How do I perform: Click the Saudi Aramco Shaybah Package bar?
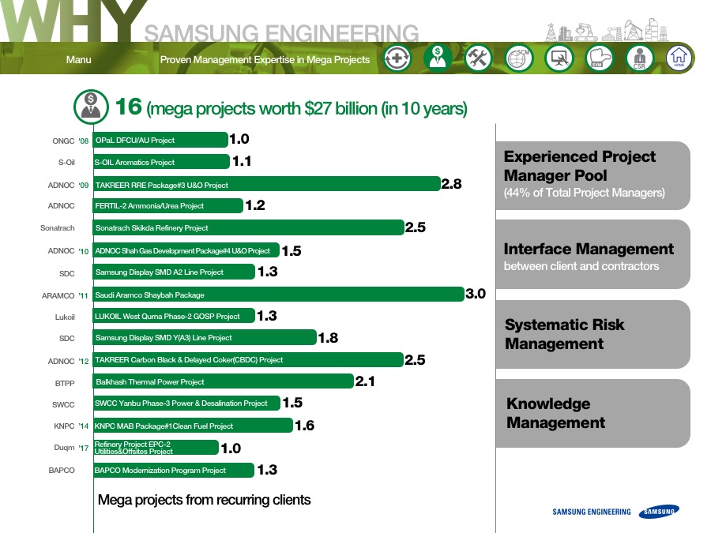click(x=278, y=295)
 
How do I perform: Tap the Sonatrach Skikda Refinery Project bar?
click(x=249, y=227)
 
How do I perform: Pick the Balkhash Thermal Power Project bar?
click(x=223, y=381)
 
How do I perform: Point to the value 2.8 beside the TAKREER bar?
click(x=452, y=184)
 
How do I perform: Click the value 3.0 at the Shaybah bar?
click(x=476, y=294)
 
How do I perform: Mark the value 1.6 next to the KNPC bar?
click(x=305, y=426)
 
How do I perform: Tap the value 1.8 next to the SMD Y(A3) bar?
click(x=329, y=338)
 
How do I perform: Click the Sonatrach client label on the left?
click(x=58, y=228)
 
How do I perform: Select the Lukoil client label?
click(x=65, y=317)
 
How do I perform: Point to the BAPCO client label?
click(x=62, y=471)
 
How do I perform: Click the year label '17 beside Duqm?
click(x=84, y=449)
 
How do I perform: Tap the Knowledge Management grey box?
click(x=593, y=413)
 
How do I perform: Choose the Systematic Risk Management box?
click(x=593, y=335)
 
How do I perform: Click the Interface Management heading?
click(x=589, y=249)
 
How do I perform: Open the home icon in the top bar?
click(x=679, y=58)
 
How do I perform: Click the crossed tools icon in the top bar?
click(x=479, y=58)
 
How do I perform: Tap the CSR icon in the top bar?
click(x=639, y=58)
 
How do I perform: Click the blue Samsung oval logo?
click(x=660, y=511)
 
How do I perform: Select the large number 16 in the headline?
click(x=129, y=107)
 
